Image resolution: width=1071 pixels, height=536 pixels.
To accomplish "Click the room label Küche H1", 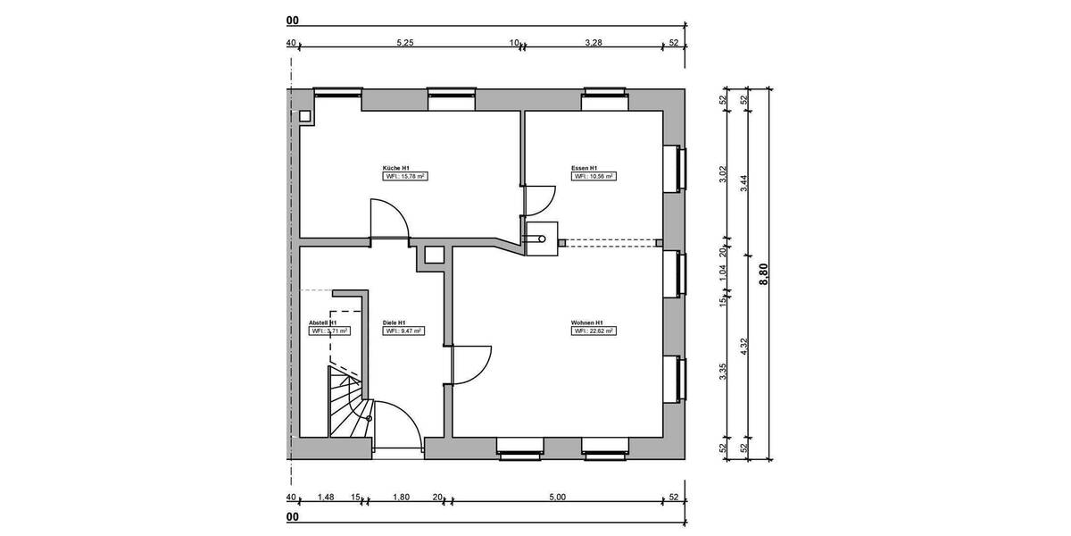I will [395, 168].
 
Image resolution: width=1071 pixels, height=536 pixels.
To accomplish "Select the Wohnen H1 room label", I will [588, 322].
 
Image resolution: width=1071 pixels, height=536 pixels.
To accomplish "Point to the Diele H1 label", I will [394, 322].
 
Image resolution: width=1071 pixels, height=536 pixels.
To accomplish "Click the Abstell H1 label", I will [321, 322].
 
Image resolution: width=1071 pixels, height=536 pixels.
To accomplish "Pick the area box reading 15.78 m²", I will [403, 177].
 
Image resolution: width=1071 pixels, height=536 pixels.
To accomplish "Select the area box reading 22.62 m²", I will [594, 331].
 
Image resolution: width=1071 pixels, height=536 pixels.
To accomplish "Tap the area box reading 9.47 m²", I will [403, 331].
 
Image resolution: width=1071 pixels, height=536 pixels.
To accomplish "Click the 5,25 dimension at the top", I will [404, 42].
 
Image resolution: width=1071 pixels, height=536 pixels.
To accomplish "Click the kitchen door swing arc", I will [391, 218].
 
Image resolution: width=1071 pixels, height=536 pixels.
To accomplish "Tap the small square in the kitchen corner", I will [305, 115].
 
